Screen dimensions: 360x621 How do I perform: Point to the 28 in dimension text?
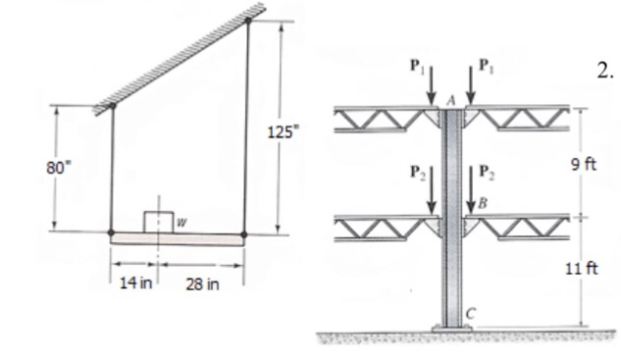(200, 284)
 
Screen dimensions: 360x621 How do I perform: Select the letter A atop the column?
(452, 100)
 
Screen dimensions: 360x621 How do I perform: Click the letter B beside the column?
(482, 203)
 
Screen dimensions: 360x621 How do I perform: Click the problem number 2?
(603, 70)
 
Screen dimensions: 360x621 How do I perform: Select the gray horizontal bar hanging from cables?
(177, 236)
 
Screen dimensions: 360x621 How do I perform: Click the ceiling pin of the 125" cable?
(247, 19)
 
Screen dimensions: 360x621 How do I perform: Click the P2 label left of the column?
(417, 170)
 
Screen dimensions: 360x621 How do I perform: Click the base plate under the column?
(453, 327)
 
